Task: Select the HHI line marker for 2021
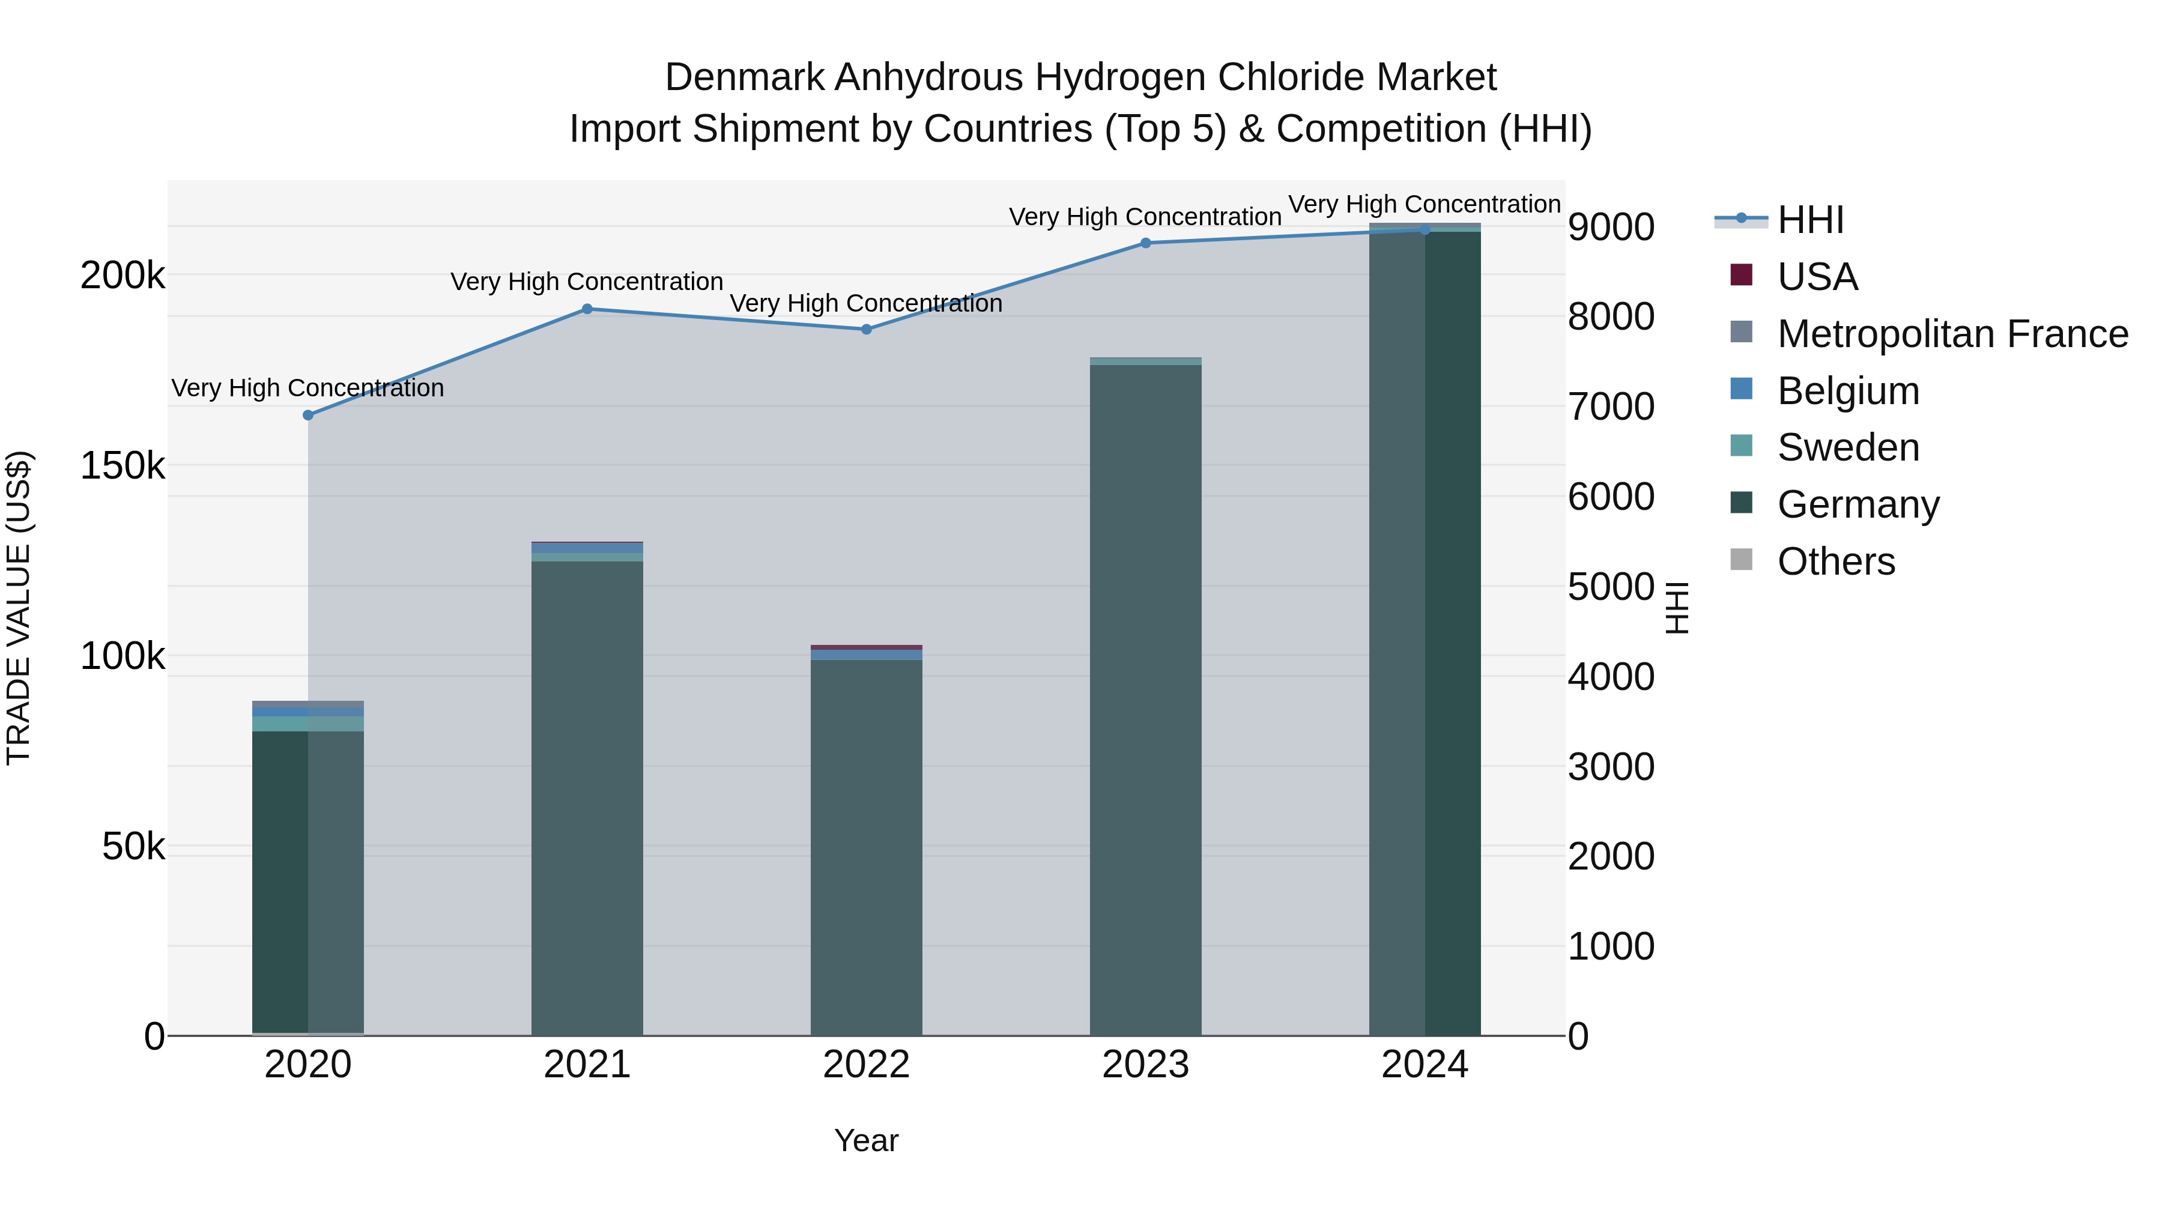tap(587, 309)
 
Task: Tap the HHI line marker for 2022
tap(866, 330)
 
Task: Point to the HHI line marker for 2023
tap(1146, 243)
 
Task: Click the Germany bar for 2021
tap(587, 797)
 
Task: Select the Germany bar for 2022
tap(866, 847)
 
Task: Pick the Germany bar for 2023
tap(1146, 701)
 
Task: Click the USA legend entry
tap(1817, 277)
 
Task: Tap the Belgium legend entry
tap(1848, 391)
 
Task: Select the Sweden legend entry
tap(1848, 447)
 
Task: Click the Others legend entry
tap(1835, 561)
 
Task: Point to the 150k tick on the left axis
tap(123, 466)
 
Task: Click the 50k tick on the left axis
tap(133, 847)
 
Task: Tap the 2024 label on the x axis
tap(1425, 1065)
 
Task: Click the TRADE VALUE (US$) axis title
tap(19, 608)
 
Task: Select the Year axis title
tap(866, 1140)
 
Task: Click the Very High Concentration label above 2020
tap(308, 389)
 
